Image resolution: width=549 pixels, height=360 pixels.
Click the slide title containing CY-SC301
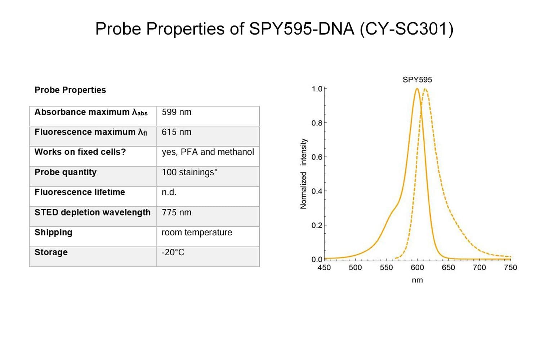tap(274, 29)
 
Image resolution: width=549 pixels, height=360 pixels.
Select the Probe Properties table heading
tap(70, 90)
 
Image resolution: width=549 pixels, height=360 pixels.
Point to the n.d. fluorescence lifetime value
tap(169, 192)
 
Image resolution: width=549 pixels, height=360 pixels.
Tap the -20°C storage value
tap(173, 252)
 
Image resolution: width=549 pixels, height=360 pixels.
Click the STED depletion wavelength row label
tap(93, 212)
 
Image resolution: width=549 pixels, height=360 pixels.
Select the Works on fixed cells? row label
tap(80, 152)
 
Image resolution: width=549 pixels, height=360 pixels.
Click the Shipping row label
tap(53, 233)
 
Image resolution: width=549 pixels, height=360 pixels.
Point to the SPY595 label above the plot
tap(417, 80)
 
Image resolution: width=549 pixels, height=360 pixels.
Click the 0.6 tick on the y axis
tap(317, 157)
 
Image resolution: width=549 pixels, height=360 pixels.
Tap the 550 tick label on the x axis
tap(386, 267)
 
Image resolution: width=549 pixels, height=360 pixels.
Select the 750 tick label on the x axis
tap(510, 267)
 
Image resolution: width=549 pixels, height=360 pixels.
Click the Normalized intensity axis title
tap(303, 174)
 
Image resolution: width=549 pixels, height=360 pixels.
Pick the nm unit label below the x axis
tap(417, 280)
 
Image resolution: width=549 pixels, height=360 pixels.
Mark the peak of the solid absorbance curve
tap(417, 89)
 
